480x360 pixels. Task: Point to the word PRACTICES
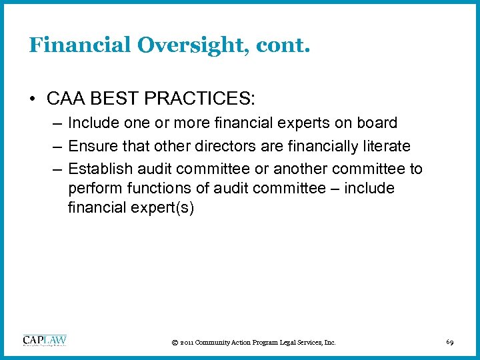[198, 99]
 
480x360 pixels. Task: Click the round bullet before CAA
[33, 99]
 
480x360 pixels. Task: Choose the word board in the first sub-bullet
[377, 123]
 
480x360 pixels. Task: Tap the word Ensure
[91, 146]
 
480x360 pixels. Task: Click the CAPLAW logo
[45, 341]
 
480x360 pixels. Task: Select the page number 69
[450, 342]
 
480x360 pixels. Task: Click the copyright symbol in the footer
[175, 343]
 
